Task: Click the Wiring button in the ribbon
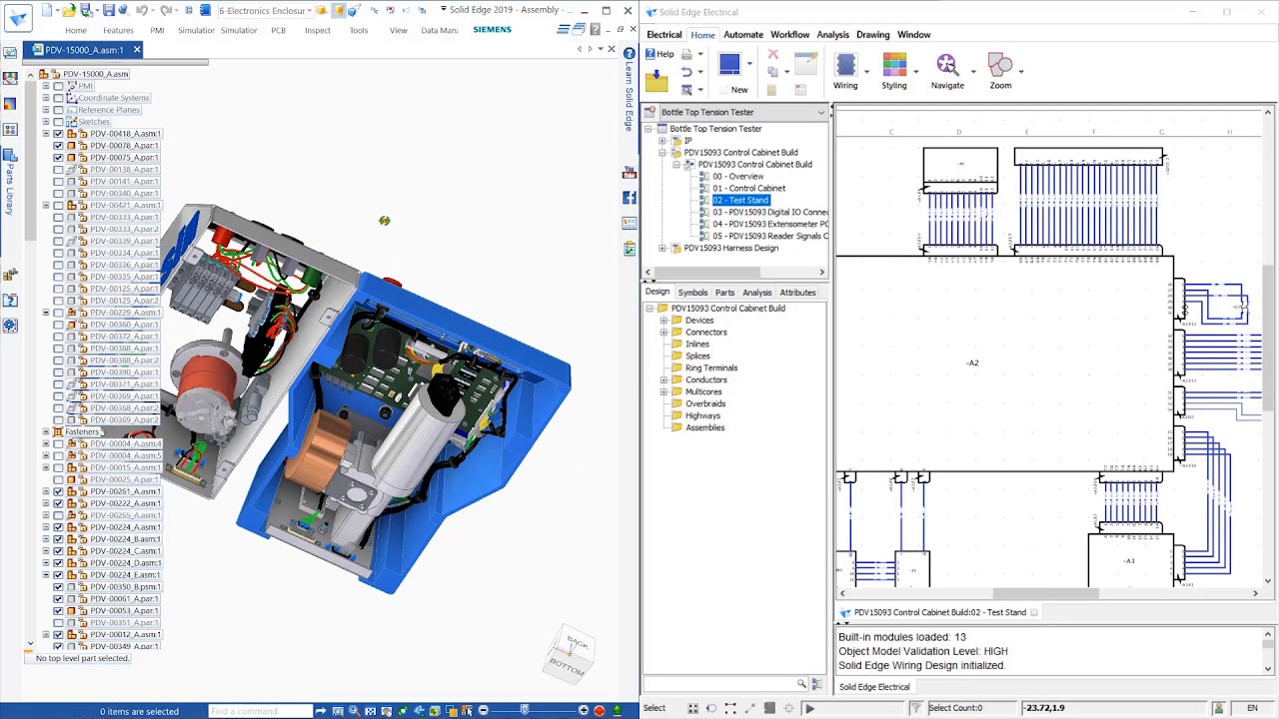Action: [x=845, y=71]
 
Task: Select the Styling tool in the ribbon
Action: [x=894, y=71]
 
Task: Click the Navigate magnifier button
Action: [x=947, y=71]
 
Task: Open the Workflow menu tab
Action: [x=789, y=35]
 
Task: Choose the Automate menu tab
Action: [x=742, y=35]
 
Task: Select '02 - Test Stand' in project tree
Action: [x=740, y=200]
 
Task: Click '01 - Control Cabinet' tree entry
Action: [x=748, y=188]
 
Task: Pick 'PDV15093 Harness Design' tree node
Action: [x=730, y=248]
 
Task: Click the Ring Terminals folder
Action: [x=710, y=367]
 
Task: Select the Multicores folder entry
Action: [x=702, y=391]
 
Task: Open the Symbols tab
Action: [x=692, y=293]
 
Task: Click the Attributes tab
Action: [x=797, y=293]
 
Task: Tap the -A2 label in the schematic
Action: [x=972, y=362]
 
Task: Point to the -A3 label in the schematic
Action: [x=1128, y=561]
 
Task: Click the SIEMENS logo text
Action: [x=492, y=30]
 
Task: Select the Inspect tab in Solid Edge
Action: [x=318, y=30]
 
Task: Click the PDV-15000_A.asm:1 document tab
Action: [x=84, y=50]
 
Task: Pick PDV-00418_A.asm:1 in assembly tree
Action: [x=125, y=134]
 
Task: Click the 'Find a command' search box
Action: [x=260, y=711]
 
